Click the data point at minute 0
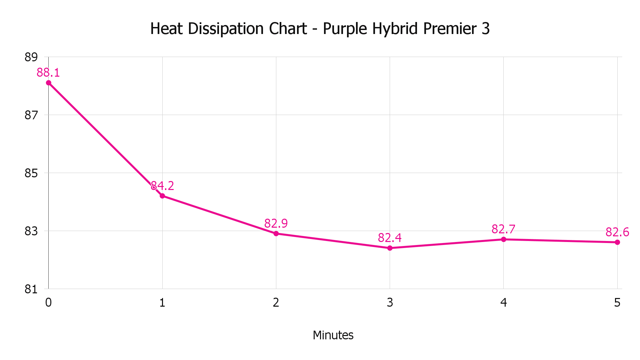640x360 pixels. [x=49, y=83]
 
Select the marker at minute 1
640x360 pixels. [x=162, y=196]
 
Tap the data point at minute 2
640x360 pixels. [x=276, y=234]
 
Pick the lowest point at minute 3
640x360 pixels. [x=390, y=248]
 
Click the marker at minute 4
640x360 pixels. [x=504, y=239]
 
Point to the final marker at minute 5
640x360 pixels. [x=617, y=242]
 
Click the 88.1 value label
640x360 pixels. [x=48, y=73]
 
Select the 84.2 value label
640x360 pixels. [x=162, y=186]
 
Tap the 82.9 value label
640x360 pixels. [x=276, y=223]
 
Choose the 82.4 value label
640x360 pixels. [x=390, y=238]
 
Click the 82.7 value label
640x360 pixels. [x=503, y=229]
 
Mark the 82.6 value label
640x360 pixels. [x=617, y=232]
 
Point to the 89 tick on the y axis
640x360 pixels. [x=31, y=57]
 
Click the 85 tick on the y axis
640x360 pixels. [x=31, y=173]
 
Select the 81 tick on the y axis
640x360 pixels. [x=31, y=289]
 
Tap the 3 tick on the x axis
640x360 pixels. [x=390, y=303]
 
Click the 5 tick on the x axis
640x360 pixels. [x=617, y=303]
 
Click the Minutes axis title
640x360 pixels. [x=333, y=335]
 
